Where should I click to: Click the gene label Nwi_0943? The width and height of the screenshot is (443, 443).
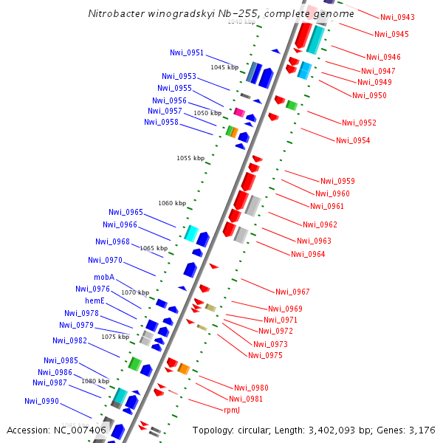tap(397, 17)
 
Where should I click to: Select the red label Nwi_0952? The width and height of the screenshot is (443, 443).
tap(359, 123)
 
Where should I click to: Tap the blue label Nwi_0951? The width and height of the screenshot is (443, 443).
tap(187, 52)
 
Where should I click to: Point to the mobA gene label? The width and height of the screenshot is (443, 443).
tap(104, 278)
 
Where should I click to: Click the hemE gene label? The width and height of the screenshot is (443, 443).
tap(95, 301)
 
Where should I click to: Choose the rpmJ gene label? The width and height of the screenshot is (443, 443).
tap(231, 410)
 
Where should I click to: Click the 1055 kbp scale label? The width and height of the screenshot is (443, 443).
tap(190, 158)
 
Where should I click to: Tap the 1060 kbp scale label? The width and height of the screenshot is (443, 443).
tap(171, 203)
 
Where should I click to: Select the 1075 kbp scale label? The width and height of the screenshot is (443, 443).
tap(115, 337)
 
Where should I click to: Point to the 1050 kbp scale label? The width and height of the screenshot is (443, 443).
tap(207, 113)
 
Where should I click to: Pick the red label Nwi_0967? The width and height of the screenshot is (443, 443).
tap(292, 292)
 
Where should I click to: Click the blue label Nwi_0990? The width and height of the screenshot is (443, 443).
tap(41, 401)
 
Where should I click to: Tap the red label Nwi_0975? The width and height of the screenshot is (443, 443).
tap(265, 355)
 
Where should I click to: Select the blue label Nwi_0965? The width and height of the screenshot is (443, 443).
tap(126, 212)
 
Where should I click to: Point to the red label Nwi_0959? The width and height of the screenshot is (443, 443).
tap(337, 181)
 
